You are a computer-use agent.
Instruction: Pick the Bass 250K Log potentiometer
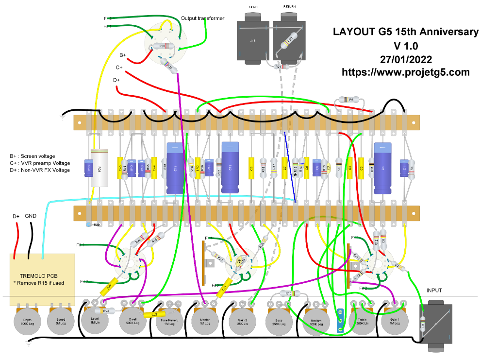click(279, 321)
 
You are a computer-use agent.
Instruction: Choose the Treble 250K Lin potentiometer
click(361, 321)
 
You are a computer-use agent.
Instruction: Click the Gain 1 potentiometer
click(394, 321)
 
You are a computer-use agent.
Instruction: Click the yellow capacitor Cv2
click(153, 314)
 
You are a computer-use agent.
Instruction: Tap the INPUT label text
click(435, 291)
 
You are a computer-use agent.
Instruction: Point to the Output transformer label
click(203, 18)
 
